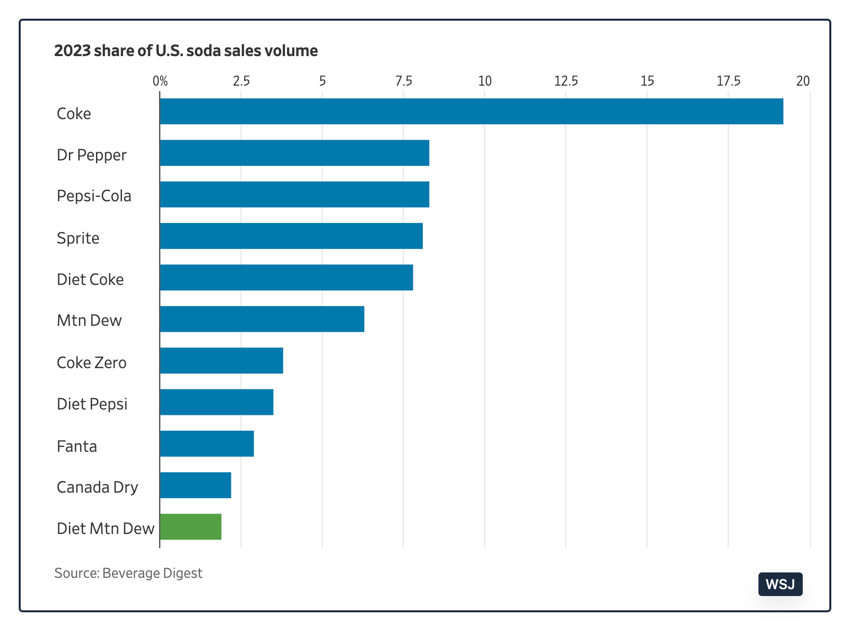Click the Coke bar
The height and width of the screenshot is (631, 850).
click(472, 111)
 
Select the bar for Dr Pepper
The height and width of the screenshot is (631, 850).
click(294, 153)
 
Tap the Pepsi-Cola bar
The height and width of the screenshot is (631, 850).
click(294, 194)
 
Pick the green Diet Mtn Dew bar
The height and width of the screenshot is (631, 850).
click(190, 527)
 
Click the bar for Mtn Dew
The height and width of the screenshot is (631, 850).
click(262, 319)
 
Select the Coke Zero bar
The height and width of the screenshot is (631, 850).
click(221, 360)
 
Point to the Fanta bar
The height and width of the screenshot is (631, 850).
click(207, 443)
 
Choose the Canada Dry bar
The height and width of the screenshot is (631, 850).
click(195, 485)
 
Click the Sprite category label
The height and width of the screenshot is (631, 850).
click(78, 238)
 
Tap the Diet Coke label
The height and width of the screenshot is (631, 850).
click(90, 280)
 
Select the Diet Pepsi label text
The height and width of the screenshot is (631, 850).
click(92, 404)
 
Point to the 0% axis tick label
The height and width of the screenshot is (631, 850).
click(160, 81)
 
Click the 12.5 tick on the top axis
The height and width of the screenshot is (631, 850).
click(566, 81)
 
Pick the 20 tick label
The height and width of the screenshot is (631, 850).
click(803, 81)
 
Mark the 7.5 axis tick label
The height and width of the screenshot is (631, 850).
click(404, 81)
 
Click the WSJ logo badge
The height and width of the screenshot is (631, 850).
click(781, 584)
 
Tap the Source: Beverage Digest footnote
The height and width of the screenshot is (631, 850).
click(128, 573)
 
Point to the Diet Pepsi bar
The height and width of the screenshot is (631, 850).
click(217, 402)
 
